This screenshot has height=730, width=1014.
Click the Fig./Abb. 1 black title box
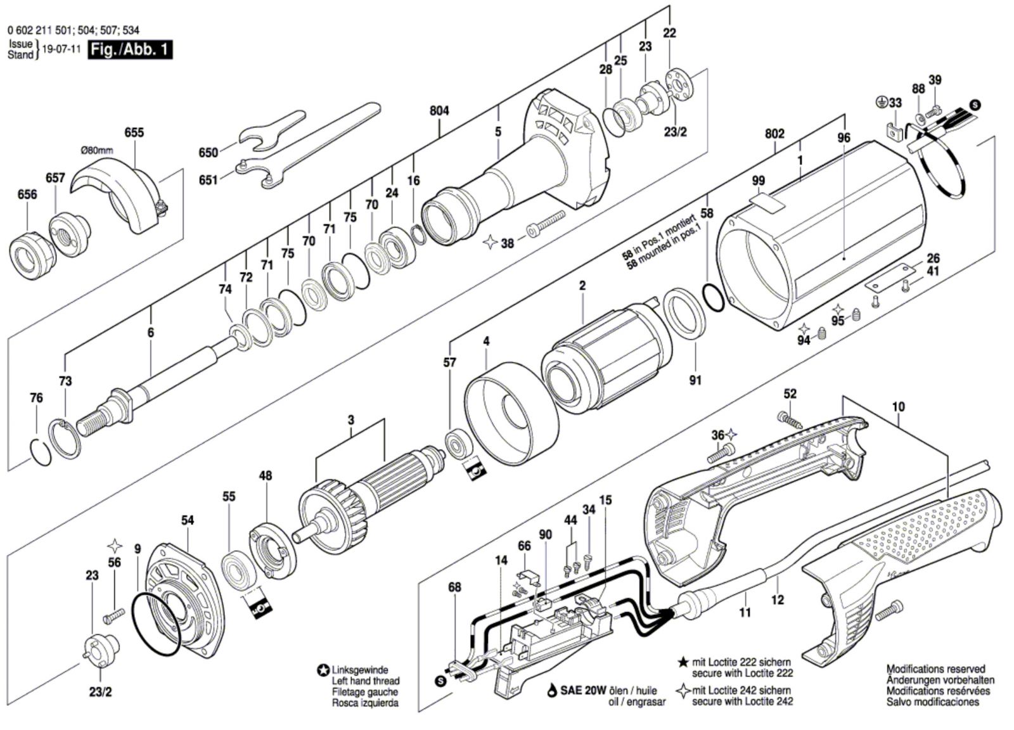130,49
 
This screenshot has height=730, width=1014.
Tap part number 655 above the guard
134,132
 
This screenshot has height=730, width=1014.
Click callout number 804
439,111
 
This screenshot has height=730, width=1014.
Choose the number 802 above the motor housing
774,134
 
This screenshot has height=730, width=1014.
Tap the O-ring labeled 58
713,298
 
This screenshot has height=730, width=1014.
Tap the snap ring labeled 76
40,452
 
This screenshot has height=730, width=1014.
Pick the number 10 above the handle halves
898,406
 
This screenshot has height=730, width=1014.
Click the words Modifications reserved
935,669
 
